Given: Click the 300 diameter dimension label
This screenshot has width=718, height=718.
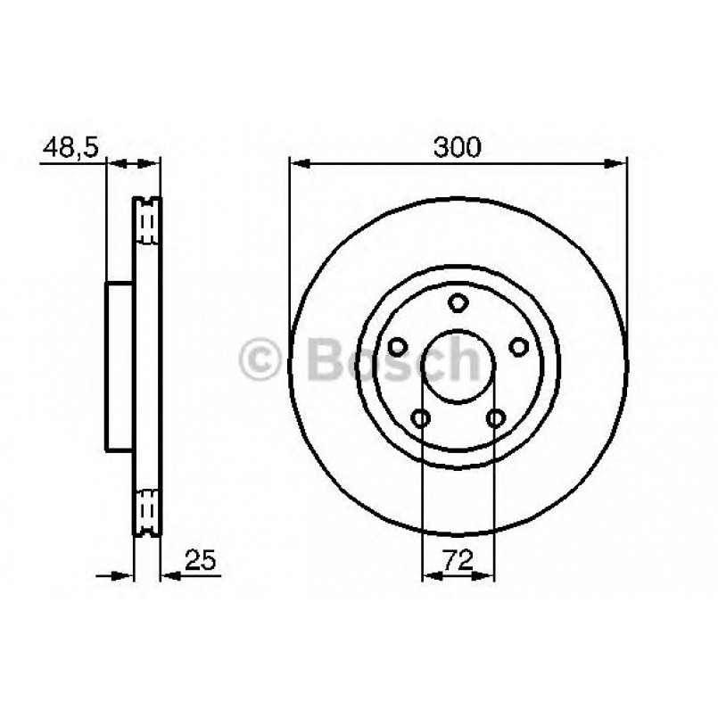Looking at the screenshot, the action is click(457, 147).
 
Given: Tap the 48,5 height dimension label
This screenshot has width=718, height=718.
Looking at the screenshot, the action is click(70, 147).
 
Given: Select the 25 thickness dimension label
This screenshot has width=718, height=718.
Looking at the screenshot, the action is click(200, 559).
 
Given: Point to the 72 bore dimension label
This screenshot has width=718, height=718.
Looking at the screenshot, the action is click(458, 559).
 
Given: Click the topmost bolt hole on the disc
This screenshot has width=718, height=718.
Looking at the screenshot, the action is click(458, 302).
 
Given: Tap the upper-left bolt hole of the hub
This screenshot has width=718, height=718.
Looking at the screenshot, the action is click(398, 347).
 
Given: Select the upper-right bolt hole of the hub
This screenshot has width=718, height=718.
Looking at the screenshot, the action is click(519, 347).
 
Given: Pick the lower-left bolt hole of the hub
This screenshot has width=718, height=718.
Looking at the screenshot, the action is click(421, 418).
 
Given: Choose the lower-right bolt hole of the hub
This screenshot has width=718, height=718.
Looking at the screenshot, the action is click(496, 418).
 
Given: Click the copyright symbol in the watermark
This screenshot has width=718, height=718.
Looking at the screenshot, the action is click(260, 359).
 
